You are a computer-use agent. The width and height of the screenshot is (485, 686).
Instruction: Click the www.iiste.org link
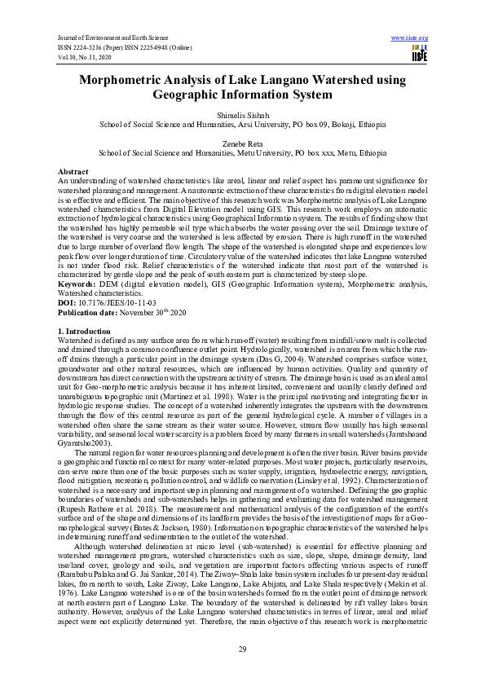pyautogui.click(x=409, y=38)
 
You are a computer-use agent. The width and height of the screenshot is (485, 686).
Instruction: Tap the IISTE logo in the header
pyautogui.click(x=420, y=55)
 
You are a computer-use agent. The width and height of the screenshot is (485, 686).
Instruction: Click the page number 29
pyautogui.click(x=242, y=649)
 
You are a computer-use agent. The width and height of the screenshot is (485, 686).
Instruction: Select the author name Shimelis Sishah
pyautogui.click(x=242, y=116)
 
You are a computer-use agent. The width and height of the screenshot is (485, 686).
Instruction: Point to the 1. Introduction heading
pyautogui.click(x=84, y=332)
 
